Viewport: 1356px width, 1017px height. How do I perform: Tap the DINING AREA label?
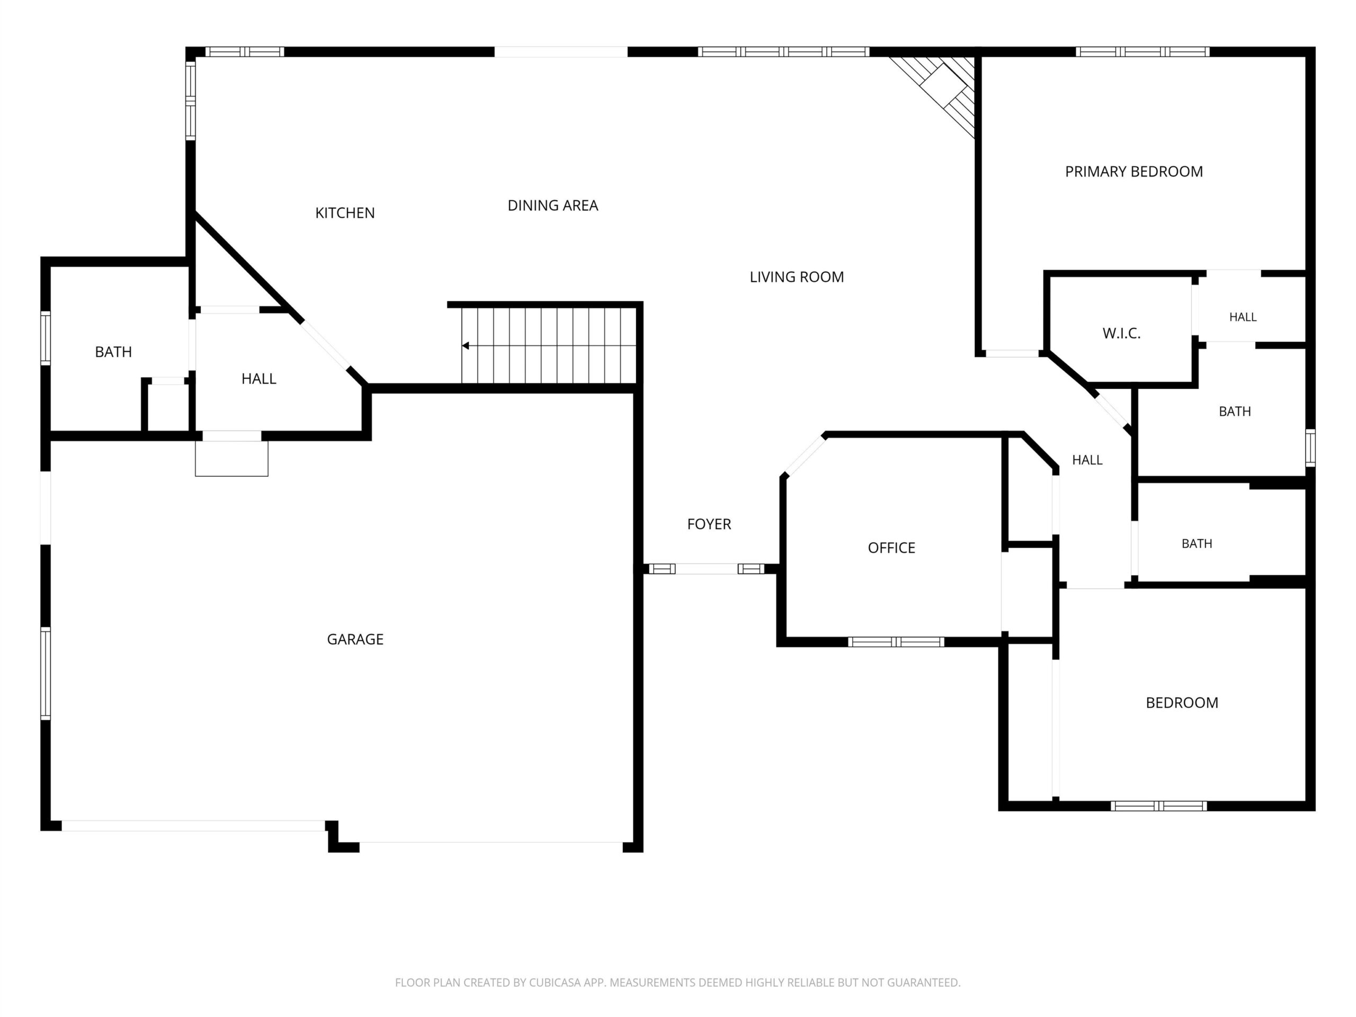coord(552,206)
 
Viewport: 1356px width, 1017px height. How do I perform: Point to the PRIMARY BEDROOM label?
coord(1134,172)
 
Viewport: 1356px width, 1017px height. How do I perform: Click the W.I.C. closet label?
coord(1121,334)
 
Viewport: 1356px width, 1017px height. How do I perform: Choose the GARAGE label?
coord(355,639)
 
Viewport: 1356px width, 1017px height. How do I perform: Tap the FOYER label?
coord(709,524)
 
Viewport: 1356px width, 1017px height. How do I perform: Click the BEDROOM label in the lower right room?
coord(1182,702)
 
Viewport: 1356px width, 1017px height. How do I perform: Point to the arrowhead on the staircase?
coord(465,346)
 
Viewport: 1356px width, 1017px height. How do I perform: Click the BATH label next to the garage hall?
coord(113,352)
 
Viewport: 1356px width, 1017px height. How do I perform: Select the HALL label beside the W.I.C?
coord(1243,317)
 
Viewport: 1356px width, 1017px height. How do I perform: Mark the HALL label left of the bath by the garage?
coord(258,379)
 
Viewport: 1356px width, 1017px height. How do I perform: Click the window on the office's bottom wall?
coord(896,642)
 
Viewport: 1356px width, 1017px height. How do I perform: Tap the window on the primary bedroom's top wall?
coord(1143,51)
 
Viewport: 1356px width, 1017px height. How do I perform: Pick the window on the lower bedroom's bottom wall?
coord(1158,806)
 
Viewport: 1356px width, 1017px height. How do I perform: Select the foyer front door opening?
coord(707,569)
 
